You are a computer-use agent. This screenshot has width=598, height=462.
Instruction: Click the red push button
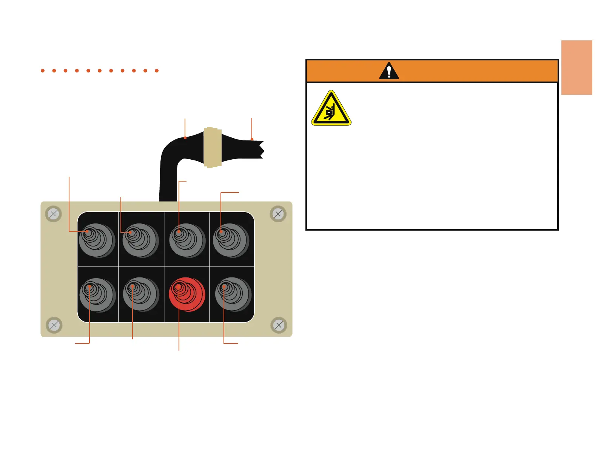click(x=186, y=294)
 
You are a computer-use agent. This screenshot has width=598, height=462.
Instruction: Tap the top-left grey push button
click(x=97, y=240)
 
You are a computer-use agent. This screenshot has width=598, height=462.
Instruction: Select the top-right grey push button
click(x=231, y=240)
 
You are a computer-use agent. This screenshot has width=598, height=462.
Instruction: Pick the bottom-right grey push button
click(x=233, y=294)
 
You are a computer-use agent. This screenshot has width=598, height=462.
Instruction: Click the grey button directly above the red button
click(x=187, y=240)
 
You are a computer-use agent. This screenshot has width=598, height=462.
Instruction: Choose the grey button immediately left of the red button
click(x=140, y=294)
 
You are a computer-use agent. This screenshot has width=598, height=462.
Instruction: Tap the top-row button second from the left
click(x=140, y=240)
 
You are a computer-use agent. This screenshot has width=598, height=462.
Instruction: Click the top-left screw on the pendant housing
click(x=53, y=214)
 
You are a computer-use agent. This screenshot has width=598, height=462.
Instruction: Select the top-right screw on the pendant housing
click(x=278, y=214)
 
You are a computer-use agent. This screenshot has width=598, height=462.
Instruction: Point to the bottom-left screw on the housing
click(x=54, y=325)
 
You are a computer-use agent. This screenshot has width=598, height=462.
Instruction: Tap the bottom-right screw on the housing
click(x=279, y=325)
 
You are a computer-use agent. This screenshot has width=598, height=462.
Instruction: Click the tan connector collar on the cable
click(x=213, y=147)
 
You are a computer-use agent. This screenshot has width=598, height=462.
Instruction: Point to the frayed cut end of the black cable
click(x=260, y=149)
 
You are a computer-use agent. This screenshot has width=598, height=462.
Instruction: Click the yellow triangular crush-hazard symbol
click(x=331, y=109)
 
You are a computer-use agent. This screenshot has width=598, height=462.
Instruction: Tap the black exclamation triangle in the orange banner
click(x=389, y=71)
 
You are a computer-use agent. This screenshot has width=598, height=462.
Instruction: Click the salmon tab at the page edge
click(x=576, y=67)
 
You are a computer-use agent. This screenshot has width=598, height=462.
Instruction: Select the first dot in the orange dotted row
click(x=43, y=71)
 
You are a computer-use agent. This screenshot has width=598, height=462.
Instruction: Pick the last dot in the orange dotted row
click(x=157, y=71)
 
